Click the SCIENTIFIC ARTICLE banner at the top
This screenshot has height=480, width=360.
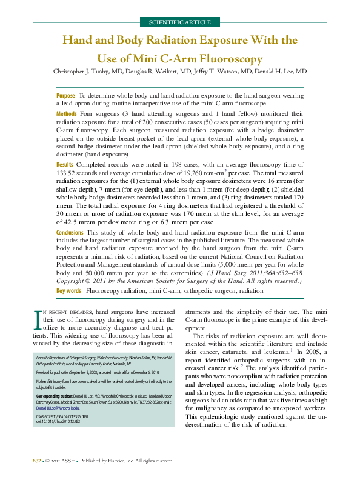coord(179,22)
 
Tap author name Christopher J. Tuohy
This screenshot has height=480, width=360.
coord(84,72)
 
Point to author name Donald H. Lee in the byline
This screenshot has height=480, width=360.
coord(281,72)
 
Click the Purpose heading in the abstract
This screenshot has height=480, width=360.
coord(65,96)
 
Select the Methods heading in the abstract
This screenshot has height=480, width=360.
coord(66,114)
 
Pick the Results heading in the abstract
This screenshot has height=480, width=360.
coord(64,164)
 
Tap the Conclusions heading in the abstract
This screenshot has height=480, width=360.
coord(70,232)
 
